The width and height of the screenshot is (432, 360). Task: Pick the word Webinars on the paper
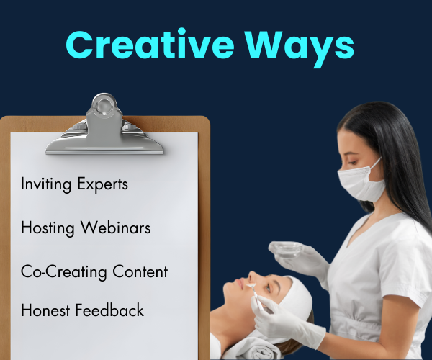[117, 228]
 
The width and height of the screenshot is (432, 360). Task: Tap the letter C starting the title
[81, 45]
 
